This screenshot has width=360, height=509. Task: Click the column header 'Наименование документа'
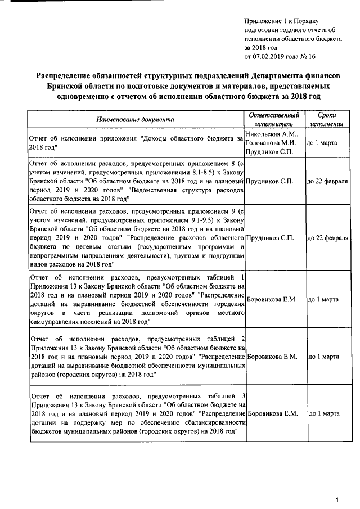pyautogui.click(x=135, y=119)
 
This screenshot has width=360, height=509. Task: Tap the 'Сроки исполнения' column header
pyautogui.click(x=327, y=119)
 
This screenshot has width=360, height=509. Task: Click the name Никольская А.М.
pyautogui.click(x=270, y=134)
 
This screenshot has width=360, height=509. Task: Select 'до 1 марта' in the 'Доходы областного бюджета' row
pyautogui.click(x=322, y=143)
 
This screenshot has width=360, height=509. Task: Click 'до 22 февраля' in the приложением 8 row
pyautogui.click(x=327, y=182)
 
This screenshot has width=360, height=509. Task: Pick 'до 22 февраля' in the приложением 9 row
pyautogui.click(x=327, y=238)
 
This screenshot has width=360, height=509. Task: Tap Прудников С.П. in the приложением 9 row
pyautogui.click(x=270, y=238)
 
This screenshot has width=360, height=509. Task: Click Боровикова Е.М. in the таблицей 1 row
pyautogui.click(x=273, y=299)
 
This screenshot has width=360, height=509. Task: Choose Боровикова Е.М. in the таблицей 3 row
pyautogui.click(x=273, y=413)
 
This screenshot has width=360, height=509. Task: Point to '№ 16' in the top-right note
pyautogui.click(x=309, y=57)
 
